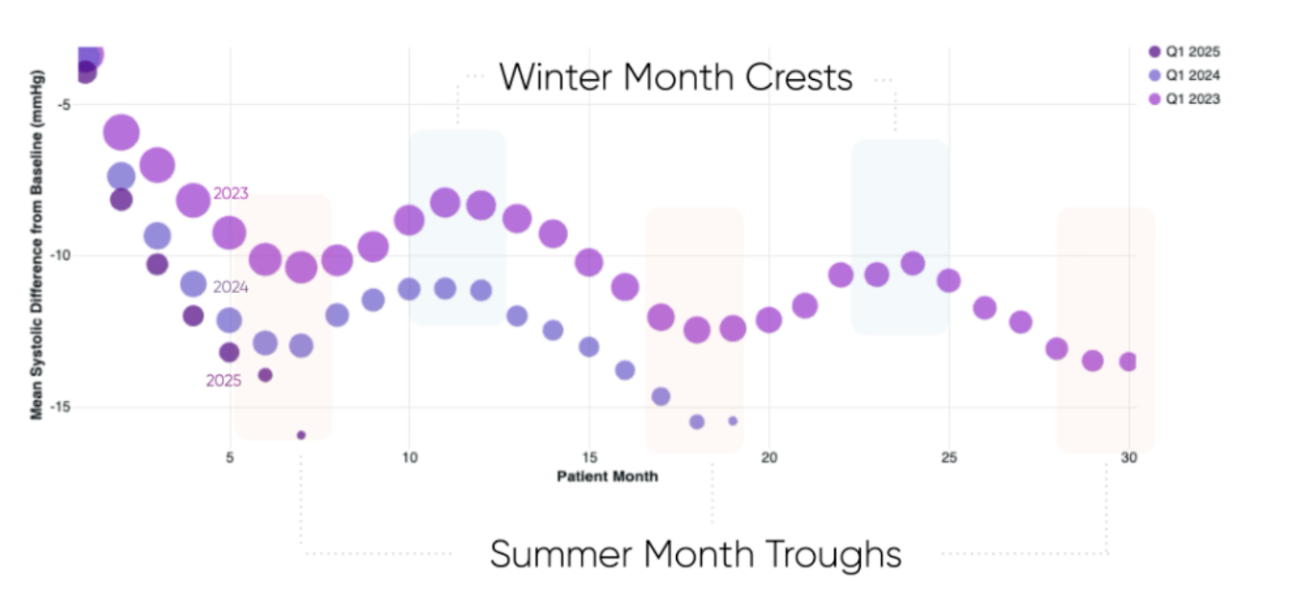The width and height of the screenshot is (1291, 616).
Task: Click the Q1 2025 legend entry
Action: tap(1184, 52)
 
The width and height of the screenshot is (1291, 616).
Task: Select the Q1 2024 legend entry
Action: tap(1184, 75)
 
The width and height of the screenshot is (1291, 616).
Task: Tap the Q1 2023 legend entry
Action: tap(1184, 98)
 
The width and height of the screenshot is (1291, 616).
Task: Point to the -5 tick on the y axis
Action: tap(63, 104)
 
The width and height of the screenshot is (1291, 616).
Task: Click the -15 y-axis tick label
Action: tap(61, 407)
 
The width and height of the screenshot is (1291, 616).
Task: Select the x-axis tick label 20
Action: tap(769, 458)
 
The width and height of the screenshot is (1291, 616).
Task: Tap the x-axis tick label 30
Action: tap(1128, 458)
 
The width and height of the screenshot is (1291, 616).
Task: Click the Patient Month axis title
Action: tap(607, 476)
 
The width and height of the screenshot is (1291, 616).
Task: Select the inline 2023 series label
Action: tap(231, 193)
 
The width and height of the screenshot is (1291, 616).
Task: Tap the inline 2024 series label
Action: tap(231, 287)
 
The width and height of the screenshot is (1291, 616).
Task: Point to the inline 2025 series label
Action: tap(224, 380)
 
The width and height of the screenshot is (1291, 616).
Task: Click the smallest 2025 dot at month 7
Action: tap(301, 435)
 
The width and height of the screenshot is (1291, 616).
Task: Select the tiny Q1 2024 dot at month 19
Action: tap(733, 421)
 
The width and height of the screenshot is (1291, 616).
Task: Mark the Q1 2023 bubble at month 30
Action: tap(1128, 362)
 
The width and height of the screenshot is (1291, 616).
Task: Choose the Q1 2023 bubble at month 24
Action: tap(913, 263)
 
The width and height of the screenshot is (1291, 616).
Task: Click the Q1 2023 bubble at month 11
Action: tap(445, 202)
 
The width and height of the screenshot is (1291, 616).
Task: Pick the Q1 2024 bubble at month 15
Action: tap(589, 346)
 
